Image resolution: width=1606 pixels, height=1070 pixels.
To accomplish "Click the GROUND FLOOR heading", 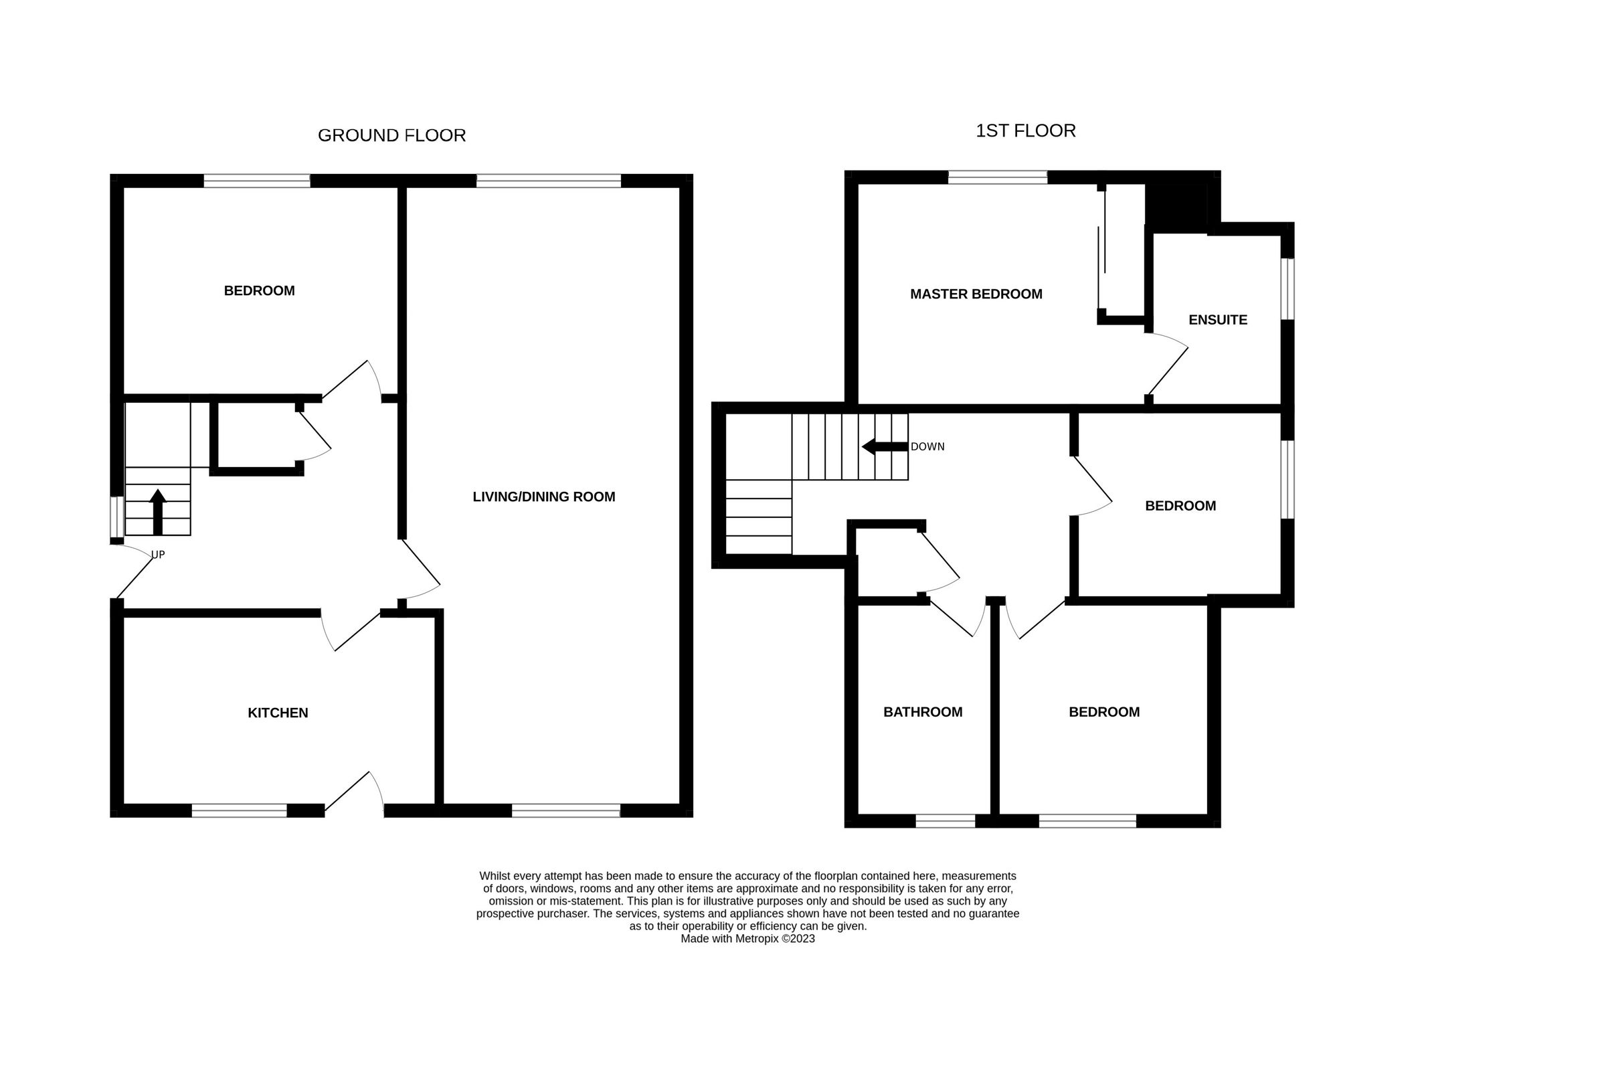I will [x=391, y=135].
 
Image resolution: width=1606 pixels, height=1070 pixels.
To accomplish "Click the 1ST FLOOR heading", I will [x=1024, y=130].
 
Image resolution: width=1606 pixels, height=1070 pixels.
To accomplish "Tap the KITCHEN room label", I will [x=278, y=713].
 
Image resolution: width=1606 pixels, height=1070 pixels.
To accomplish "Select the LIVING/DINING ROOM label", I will [x=544, y=497].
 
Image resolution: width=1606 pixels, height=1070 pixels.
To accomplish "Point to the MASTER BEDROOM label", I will [x=976, y=294].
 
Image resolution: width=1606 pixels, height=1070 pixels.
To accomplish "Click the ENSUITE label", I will [x=1217, y=320].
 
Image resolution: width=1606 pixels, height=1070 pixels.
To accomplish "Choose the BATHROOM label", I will [x=922, y=712].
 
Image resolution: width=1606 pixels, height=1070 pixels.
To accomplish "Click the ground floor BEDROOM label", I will [x=259, y=290].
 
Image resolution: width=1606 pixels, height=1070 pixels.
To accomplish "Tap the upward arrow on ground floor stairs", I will [x=158, y=511].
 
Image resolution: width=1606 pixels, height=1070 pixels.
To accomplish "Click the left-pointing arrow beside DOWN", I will [x=885, y=447].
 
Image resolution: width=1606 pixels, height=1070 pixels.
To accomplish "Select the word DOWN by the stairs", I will [x=927, y=447].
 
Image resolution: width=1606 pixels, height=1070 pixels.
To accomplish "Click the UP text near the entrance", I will [x=158, y=555].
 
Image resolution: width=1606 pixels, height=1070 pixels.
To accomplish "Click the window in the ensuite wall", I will [x=1287, y=288].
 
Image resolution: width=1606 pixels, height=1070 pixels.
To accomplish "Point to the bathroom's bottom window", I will [x=945, y=821].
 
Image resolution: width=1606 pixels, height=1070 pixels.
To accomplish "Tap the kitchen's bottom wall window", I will [x=239, y=810].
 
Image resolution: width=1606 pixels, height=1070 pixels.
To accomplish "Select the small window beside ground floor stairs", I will [x=116, y=517].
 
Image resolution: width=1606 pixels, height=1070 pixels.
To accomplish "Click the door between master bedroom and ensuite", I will [x=1168, y=369].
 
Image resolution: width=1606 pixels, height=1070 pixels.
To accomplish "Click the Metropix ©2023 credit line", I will [x=747, y=938].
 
